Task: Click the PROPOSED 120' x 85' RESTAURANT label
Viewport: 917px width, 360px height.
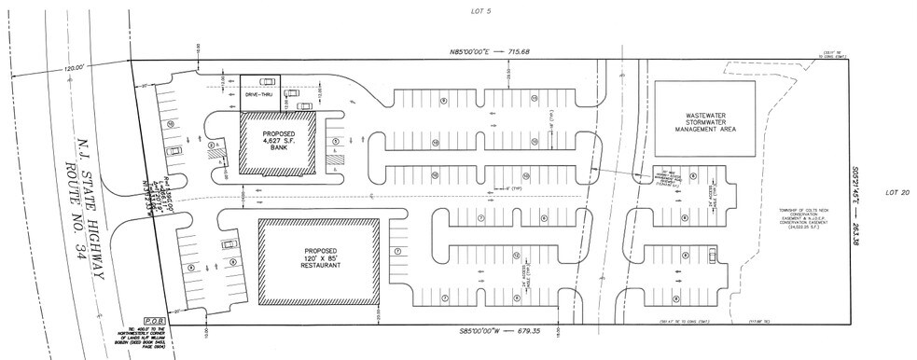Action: [x=320, y=258]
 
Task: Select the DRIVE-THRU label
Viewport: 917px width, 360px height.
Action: [x=258, y=95]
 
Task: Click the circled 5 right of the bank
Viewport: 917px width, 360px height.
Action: [x=334, y=142]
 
